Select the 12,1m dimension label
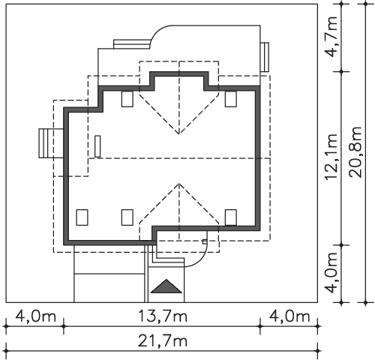click(331, 157)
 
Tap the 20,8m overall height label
click(355, 152)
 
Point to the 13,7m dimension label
click(163, 316)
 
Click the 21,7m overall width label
click(163, 341)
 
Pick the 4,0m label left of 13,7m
click(35, 316)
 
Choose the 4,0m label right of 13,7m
click(289, 316)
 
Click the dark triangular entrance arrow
click(166, 286)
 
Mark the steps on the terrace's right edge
click(265, 57)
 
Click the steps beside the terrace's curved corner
click(131, 44)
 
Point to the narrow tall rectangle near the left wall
click(97, 146)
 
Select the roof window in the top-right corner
click(231, 99)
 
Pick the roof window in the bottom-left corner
click(82, 217)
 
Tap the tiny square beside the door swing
click(205, 241)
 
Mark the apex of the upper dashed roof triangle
click(179, 134)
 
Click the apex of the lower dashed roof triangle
click(179, 184)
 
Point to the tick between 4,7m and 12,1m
click(341, 71)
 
